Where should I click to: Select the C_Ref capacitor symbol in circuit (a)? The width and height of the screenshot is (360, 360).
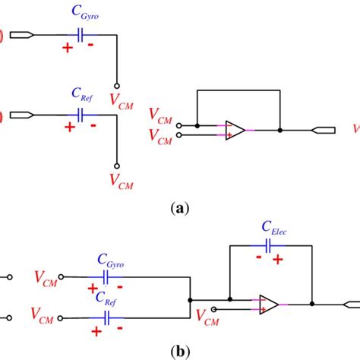point(80,115)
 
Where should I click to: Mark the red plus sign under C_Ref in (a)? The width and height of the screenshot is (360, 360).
point(70,128)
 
